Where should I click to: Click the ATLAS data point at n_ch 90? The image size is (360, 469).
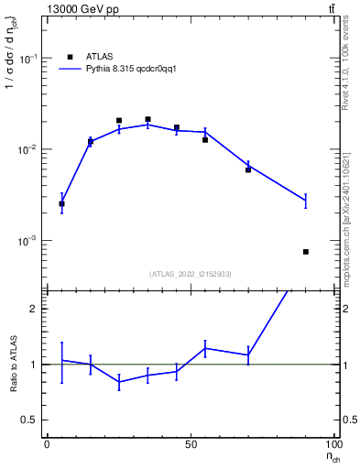click(x=306, y=251)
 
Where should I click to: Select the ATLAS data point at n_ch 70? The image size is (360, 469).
click(x=248, y=169)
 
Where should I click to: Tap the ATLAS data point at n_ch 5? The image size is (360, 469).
click(x=61, y=203)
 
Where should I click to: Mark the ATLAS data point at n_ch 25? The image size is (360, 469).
click(x=119, y=120)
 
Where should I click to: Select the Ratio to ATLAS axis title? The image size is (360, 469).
click(x=14, y=364)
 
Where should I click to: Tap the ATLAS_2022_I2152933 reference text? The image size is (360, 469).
click(x=190, y=274)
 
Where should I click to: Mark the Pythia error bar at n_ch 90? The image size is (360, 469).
click(x=306, y=201)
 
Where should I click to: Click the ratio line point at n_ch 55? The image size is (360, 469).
click(x=205, y=348)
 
